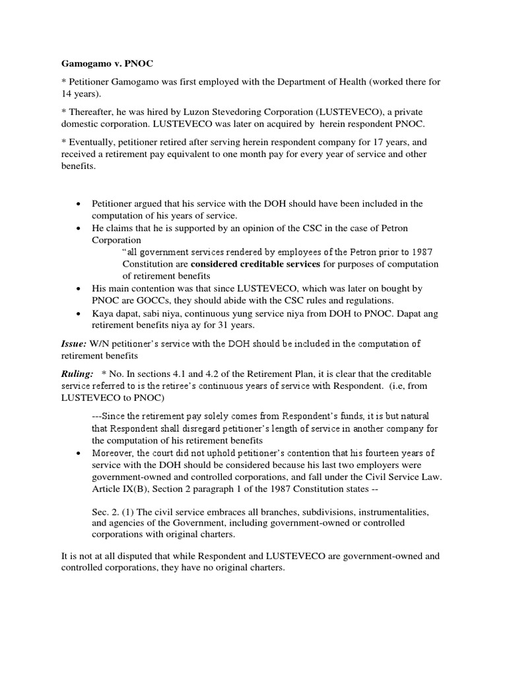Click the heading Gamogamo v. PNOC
pyautogui.click(x=96, y=65)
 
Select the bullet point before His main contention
pyautogui.click(x=79, y=288)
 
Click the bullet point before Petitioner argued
pyautogui.click(x=79, y=203)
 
